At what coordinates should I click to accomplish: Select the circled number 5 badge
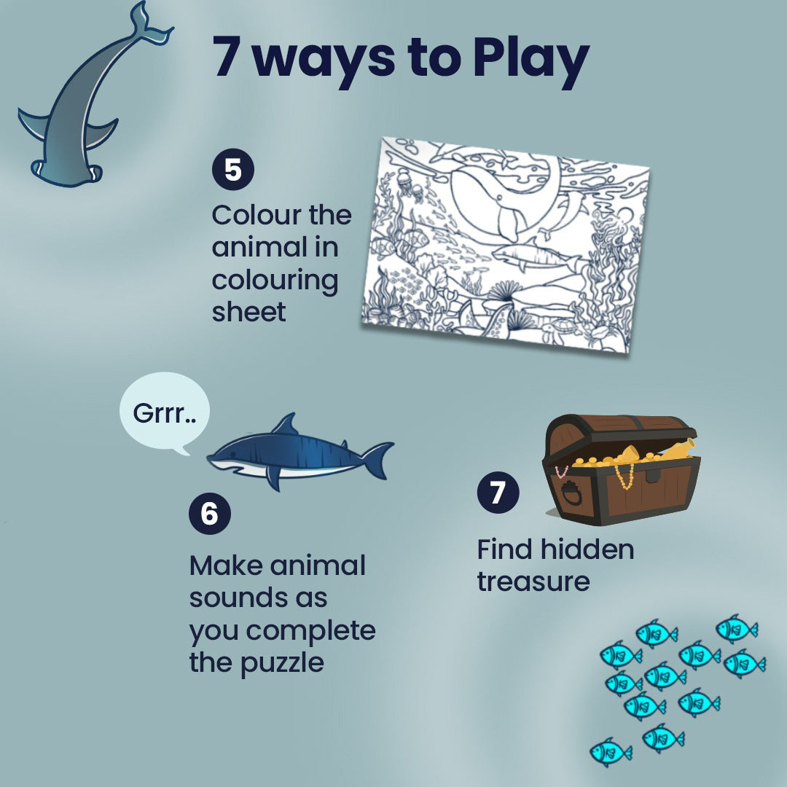(233, 171)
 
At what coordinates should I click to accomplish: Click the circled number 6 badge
(210, 514)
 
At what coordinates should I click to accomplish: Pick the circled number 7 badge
(498, 493)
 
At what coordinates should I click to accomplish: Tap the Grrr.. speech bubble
(164, 413)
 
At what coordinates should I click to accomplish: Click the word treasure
(533, 582)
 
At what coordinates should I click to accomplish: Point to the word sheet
(248, 313)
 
